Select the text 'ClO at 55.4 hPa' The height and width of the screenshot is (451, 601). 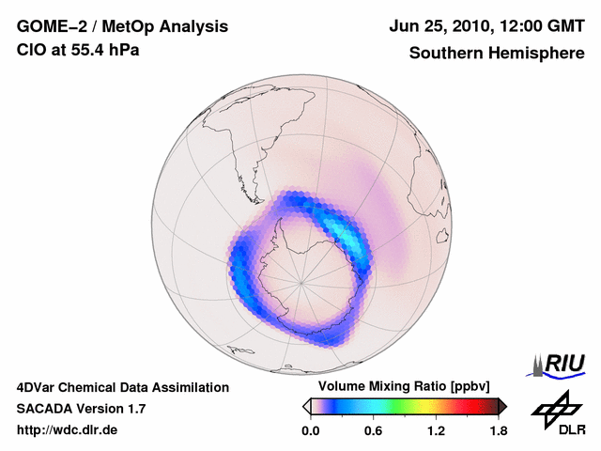tap(78, 50)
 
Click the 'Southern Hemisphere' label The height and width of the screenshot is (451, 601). tap(497, 54)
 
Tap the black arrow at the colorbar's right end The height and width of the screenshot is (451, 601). tap(502, 406)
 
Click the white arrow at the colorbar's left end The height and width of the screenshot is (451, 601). tap(305, 406)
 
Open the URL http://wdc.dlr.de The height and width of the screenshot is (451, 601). tap(68, 430)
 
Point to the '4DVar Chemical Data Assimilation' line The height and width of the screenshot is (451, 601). tap(122, 387)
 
